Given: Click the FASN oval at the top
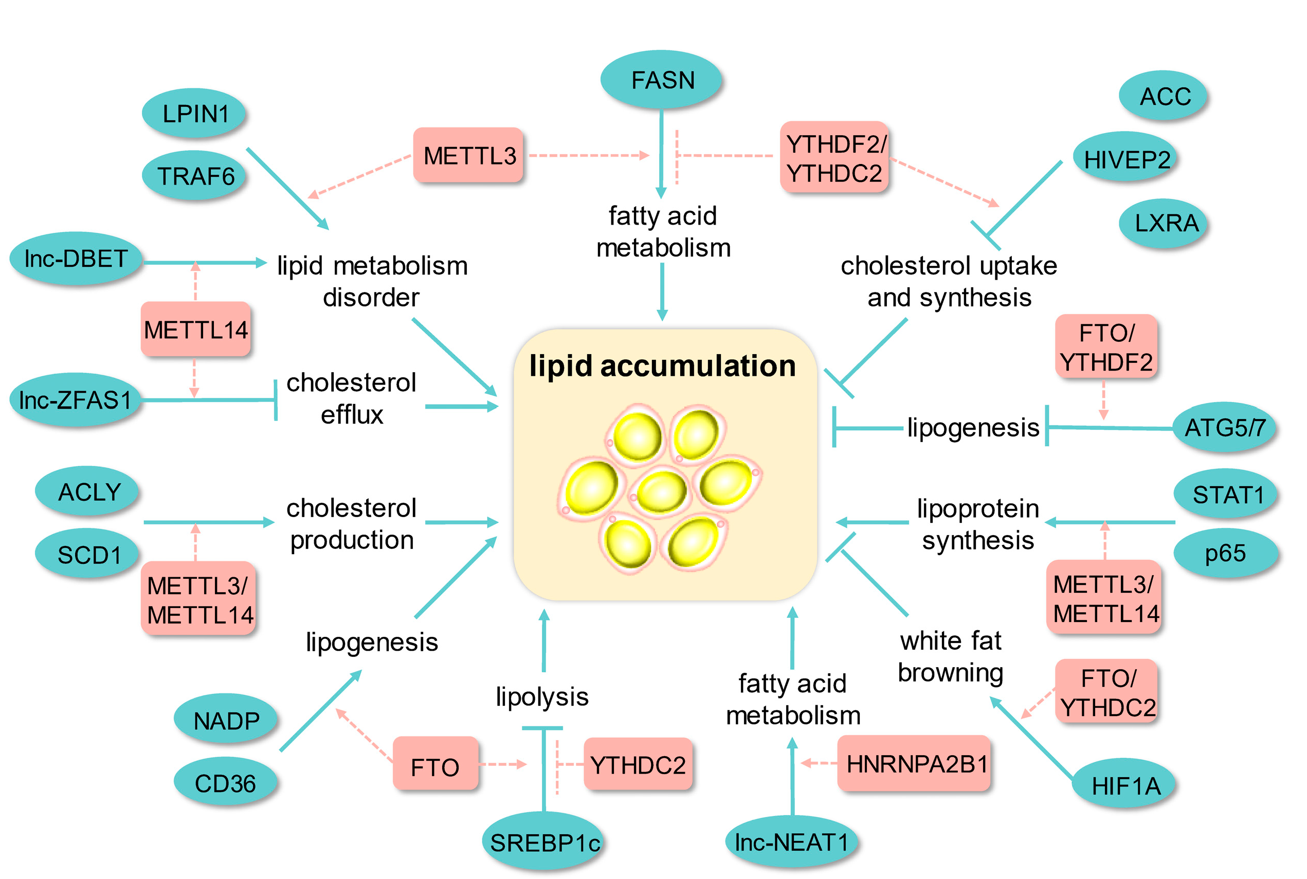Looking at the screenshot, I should [x=662, y=80].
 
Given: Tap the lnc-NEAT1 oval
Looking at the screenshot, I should [x=791, y=842].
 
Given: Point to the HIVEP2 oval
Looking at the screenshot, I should [x=1126, y=159].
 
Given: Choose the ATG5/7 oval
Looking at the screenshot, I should [x=1224, y=428].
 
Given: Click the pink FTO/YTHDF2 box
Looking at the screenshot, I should [x=1106, y=347].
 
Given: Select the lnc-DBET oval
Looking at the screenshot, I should [x=76, y=259].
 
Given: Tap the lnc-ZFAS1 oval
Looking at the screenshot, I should [x=75, y=400].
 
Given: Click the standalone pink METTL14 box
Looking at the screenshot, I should [x=195, y=329].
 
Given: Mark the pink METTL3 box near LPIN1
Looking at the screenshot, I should [x=469, y=155].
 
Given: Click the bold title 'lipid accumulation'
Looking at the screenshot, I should [x=662, y=365].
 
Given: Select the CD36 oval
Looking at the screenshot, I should [x=225, y=782].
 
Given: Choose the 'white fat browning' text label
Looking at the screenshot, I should [x=950, y=656].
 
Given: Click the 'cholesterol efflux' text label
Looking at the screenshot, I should [x=352, y=398].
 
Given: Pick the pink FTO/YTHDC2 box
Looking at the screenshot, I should [x=1108, y=693].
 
